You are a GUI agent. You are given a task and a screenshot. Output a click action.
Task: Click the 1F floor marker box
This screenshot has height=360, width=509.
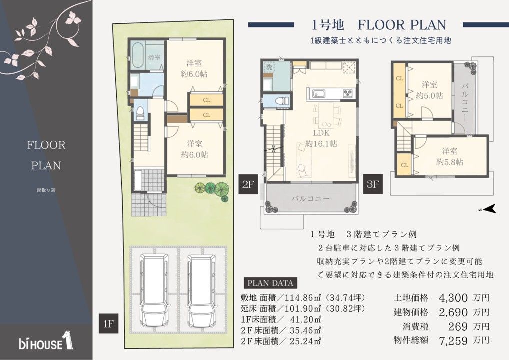coord(109,323)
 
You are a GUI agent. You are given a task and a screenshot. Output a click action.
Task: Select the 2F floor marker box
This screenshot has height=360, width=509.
coord(248,184)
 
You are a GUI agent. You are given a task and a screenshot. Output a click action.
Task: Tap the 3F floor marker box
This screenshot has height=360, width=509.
coord(373,184)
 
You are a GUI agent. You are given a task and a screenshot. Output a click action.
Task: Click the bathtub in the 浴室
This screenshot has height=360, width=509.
coord(138,54)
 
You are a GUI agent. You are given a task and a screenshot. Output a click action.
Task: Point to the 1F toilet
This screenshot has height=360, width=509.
coord(140,112)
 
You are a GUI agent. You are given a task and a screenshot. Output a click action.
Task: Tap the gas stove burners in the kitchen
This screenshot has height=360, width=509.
coord(349,93)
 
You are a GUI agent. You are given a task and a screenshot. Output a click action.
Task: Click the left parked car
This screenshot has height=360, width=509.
coord(155,290)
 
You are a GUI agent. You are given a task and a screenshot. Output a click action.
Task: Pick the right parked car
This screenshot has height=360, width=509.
coord(201,290)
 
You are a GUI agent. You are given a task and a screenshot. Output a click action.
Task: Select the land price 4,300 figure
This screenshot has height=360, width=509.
coord(453,298)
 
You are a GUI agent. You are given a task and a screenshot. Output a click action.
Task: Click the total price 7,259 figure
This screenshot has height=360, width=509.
coord(453,341)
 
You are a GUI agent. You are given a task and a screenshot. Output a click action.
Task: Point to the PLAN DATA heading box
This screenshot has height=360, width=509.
coord(270,283)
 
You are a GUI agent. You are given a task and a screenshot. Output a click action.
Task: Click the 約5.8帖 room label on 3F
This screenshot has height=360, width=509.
coord(450,162)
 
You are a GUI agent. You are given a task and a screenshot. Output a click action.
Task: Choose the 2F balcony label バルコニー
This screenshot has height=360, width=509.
coord(310,198)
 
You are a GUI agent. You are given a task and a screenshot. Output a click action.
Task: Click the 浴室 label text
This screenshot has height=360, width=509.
coord(154,58)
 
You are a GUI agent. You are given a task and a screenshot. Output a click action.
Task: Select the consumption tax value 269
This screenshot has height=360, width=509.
coord(458,326)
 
